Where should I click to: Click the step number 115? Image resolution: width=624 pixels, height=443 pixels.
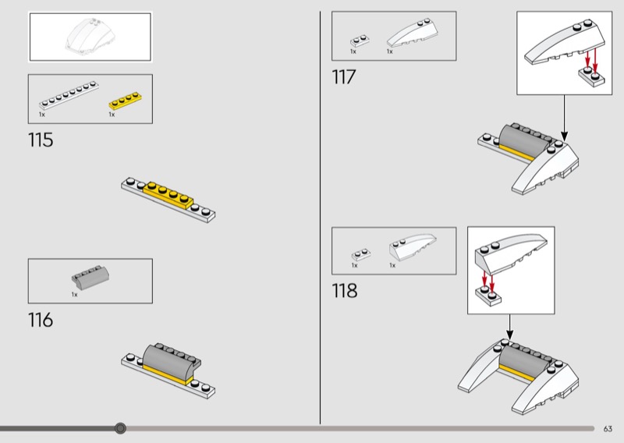click(x=41, y=140)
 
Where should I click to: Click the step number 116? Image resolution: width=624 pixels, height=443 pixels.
click(x=41, y=320)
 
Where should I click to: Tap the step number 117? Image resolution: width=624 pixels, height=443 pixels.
click(x=343, y=76)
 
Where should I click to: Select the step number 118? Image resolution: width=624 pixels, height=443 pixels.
click(x=345, y=291)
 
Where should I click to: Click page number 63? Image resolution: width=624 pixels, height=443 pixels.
click(x=608, y=429)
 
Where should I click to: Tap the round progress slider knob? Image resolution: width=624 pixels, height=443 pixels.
click(x=120, y=428)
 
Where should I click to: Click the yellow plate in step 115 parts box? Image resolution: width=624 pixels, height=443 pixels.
click(x=126, y=101)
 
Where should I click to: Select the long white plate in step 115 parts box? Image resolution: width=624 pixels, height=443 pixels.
click(x=69, y=95)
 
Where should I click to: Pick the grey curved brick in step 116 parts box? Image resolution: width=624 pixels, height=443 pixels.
click(x=90, y=277)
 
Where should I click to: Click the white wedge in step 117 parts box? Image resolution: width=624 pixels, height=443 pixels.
click(x=413, y=33)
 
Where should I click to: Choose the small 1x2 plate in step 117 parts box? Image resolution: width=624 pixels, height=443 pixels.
click(x=360, y=41)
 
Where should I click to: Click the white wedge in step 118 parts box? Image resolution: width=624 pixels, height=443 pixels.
click(x=413, y=247)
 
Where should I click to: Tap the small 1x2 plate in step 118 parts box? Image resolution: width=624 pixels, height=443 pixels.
click(x=361, y=255)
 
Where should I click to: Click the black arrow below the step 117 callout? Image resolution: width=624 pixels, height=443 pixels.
click(x=564, y=119)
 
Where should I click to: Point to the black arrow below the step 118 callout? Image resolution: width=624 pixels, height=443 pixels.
click(x=510, y=327)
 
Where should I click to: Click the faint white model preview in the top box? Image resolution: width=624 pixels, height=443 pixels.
click(x=90, y=36)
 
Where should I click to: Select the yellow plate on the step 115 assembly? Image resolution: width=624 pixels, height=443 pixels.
click(x=168, y=195)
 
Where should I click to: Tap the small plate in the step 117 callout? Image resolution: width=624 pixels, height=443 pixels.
click(x=591, y=76)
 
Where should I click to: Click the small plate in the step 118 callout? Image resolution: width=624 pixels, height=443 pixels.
click(x=488, y=295)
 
